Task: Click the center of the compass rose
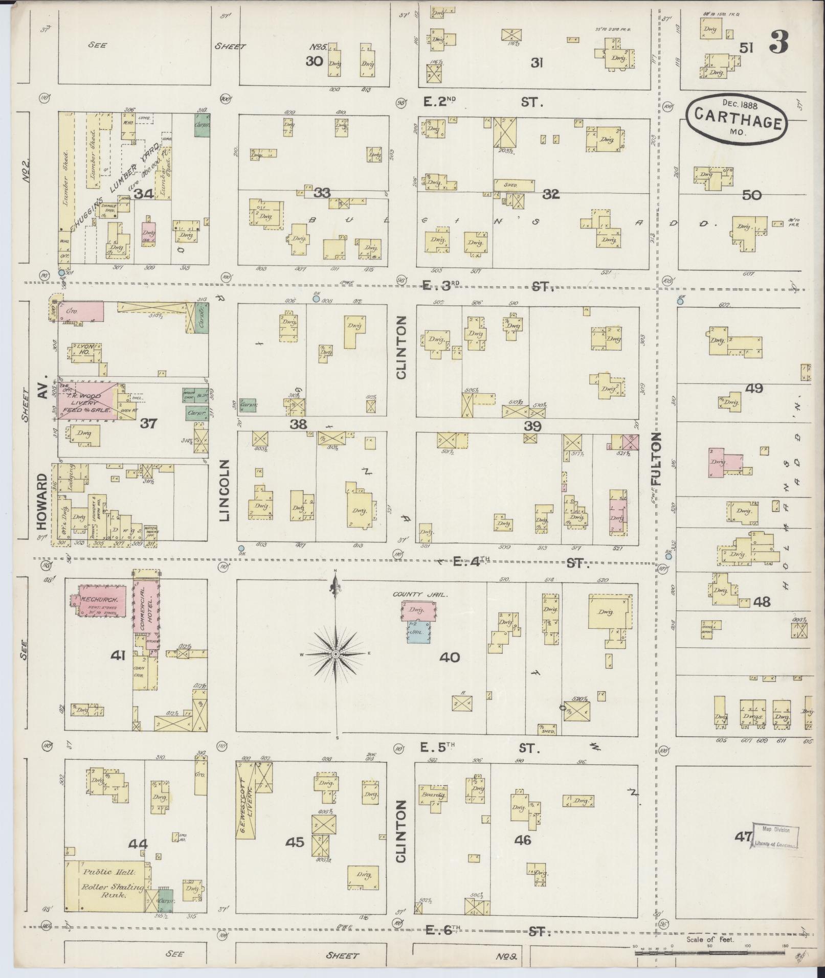click(x=336, y=654)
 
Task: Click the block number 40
click(x=450, y=657)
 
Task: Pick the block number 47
click(x=743, y=837)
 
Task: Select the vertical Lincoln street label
click(x=225, y=490)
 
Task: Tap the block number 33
click(x=322, y=193)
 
